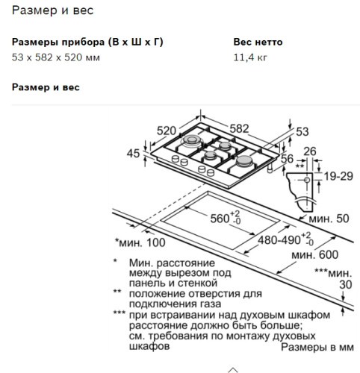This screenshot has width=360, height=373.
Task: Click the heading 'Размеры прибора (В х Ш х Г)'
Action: tap(88, 42)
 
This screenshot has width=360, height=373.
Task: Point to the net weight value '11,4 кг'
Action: tap(249, 57)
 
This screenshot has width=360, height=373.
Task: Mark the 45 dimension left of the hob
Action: tap(134, 154)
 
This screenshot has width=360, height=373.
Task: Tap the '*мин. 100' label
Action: tap(140, 243)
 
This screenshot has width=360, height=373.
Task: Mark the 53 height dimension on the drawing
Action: tap(302, 131)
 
